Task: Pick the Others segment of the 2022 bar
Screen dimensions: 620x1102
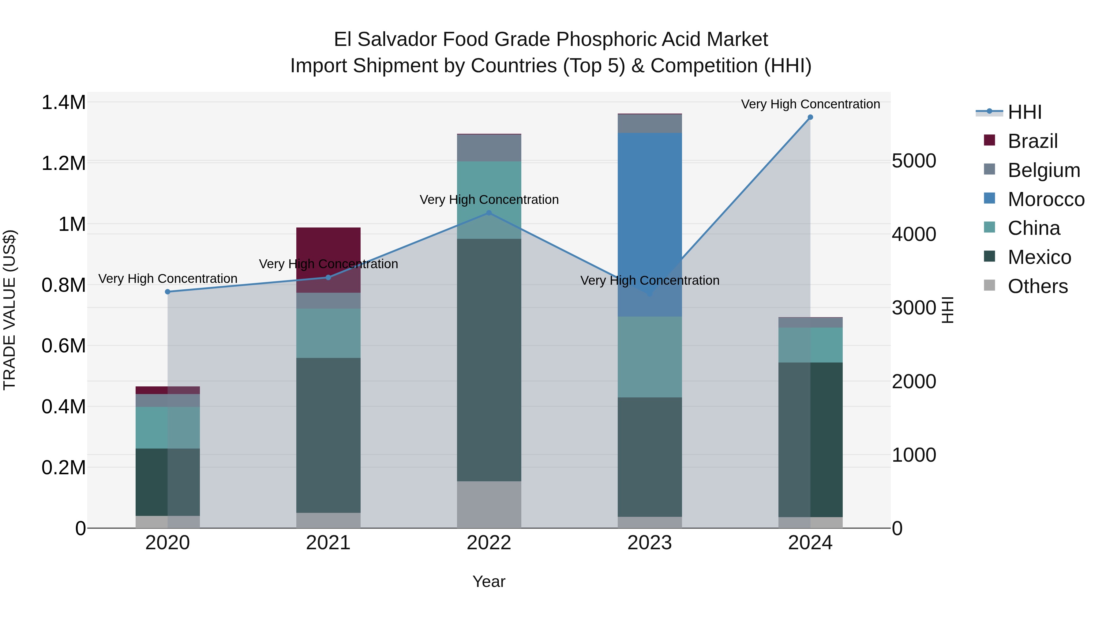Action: [489, 505]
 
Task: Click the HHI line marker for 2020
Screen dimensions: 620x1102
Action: [168, 292]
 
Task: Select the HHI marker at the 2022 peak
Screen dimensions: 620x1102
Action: [489, 213]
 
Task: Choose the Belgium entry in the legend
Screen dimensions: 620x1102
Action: [1044, 170]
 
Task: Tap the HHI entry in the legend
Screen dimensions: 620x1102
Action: [1024, 112]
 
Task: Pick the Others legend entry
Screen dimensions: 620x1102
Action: [1037, 286]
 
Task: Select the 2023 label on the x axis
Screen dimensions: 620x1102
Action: [649, 543]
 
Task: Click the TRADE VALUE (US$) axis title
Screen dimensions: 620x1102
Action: [9, 310]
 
